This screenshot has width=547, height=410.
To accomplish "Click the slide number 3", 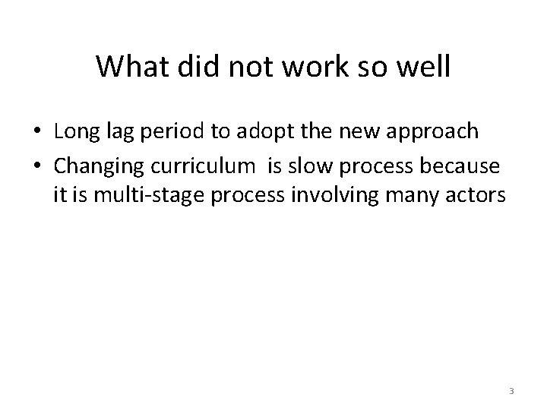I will pyautogui.click(x=511, y=391).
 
